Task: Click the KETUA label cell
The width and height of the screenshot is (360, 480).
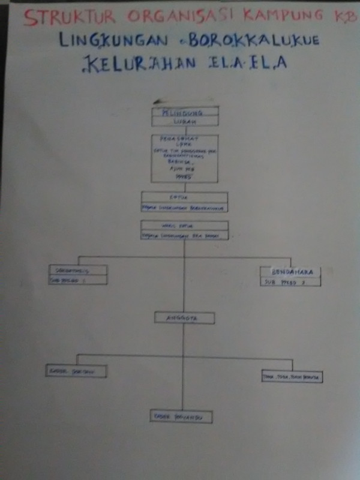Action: (184, 197)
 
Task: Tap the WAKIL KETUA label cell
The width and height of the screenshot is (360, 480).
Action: (184, 226)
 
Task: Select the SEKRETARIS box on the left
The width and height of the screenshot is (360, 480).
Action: (77, 269)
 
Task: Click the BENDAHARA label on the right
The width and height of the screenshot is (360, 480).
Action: (290, 271)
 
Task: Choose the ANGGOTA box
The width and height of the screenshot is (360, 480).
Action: (184, 317)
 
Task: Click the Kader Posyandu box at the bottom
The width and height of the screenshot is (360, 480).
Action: (181, 416)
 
